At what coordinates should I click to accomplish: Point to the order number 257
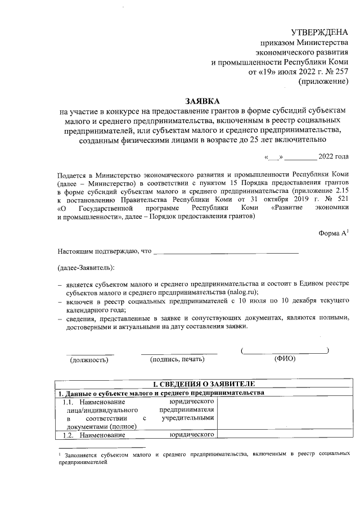[341, 71]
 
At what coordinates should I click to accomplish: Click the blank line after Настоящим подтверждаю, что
[226, 251]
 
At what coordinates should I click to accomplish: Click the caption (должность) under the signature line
[89, 361]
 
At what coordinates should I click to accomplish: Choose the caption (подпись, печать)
[178, 361]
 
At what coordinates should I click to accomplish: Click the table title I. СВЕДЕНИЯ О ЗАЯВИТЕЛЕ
[201, 384]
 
